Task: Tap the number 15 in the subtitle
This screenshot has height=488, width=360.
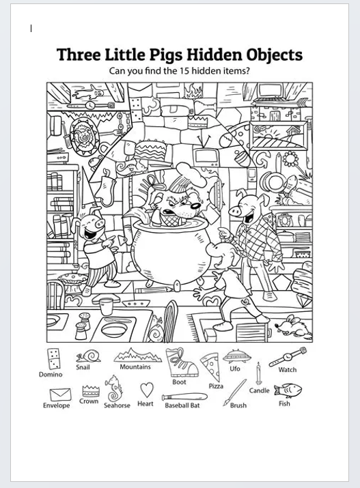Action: pos(184,71)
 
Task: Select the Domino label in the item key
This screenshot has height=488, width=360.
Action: pos(51,374)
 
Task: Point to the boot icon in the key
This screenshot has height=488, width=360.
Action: pos(181,362)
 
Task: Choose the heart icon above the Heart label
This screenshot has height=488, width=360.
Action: pos(146,390)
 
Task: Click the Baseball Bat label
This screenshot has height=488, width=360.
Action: pos(182,405)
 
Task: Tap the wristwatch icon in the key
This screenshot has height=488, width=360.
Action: pos(288,357)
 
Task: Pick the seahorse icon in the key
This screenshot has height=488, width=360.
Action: pos(113,388)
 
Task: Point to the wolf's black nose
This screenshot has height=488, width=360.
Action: pos(195,205)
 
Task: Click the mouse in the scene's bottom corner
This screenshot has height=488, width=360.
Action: pos(293,326)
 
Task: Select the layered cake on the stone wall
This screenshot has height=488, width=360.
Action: pos(150,150)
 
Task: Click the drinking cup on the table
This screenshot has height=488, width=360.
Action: pos(106,306)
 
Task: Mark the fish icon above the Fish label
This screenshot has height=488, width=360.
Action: pos(288,390)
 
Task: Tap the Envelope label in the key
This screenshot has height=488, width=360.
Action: pos(57,405)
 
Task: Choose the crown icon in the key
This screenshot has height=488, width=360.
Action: pos(91,390)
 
